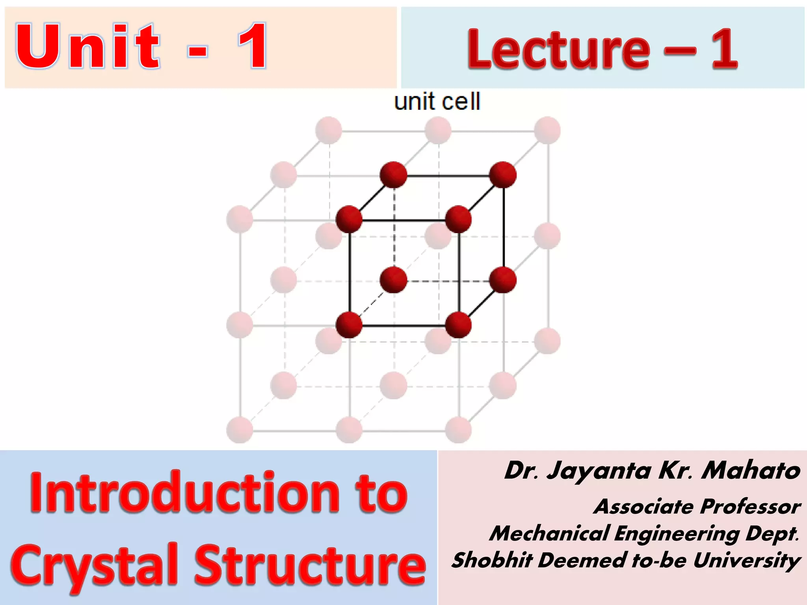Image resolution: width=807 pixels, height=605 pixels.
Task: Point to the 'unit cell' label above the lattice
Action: [437, 102]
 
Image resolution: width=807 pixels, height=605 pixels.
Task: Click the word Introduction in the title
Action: [185, 493]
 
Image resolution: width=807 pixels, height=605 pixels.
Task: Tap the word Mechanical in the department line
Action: [550, 534]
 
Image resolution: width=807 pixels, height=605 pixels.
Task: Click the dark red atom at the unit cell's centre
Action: [393, 280]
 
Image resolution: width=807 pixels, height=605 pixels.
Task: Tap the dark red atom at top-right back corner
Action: [503, 174]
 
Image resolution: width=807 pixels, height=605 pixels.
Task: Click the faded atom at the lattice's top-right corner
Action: [547, 130]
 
